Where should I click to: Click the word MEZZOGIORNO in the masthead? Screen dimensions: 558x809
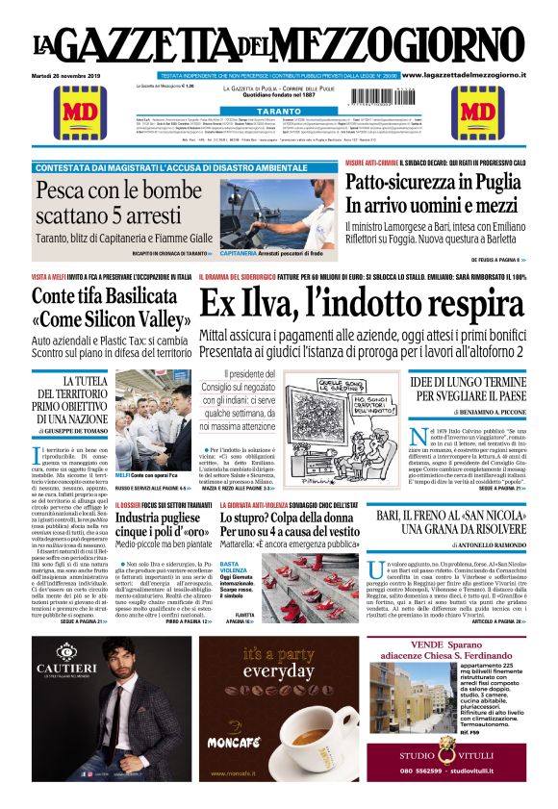(404, 47)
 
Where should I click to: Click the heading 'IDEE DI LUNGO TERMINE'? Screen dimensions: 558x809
(465, 384)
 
